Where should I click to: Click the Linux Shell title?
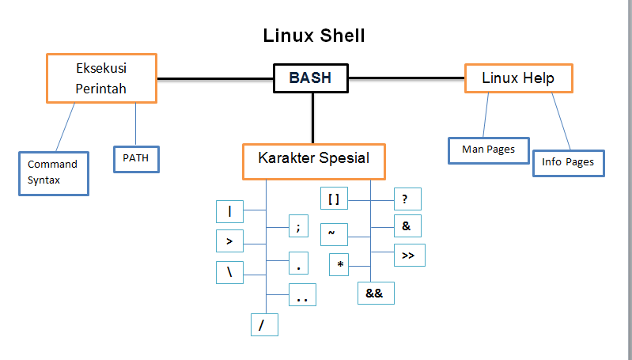coord(313,36)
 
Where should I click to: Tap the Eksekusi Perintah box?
coord(101,78)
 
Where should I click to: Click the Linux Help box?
coord(518,78)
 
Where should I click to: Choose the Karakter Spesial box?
coord(313,158)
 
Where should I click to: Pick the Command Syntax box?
coord(53,172)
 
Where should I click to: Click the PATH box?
coord(136,157)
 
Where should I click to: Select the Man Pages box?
coord(488,150)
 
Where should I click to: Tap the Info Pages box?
coord(567,162)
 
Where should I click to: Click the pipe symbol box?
coord(229,211)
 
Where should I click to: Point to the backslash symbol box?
coord(229,272)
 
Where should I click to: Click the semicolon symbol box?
coord(298,225)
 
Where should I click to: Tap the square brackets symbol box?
coord(334,199)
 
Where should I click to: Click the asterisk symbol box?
coord(339,264)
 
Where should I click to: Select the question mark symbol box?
coord(407,199)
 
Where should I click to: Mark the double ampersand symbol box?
coord(375,293)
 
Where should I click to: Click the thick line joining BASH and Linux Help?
coord(407,78)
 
